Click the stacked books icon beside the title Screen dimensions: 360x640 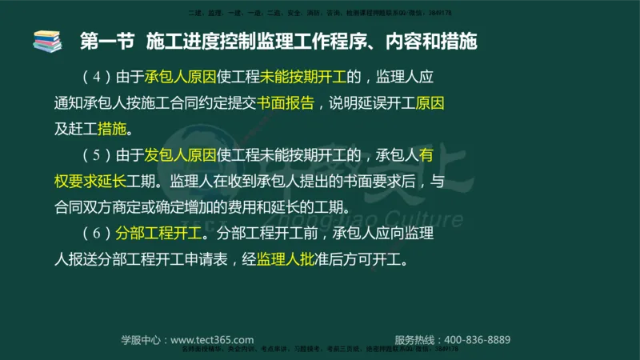(x=46, y=40)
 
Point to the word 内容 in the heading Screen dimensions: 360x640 (x=389, y=41)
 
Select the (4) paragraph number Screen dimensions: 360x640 (x=94, y=78)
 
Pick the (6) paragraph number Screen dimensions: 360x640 (x=94, y=234)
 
